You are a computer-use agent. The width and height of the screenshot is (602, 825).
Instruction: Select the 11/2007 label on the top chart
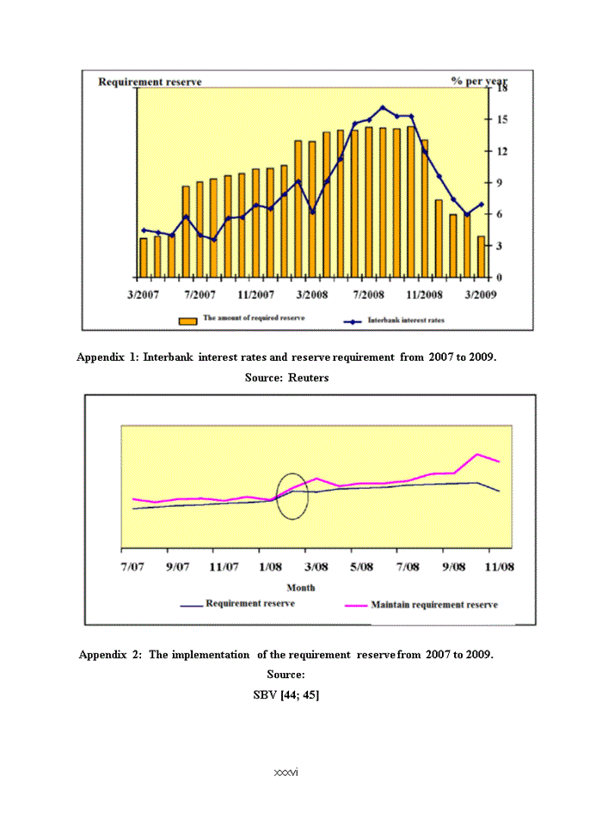[256, 295]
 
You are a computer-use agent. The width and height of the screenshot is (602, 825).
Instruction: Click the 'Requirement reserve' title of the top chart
[150, 82]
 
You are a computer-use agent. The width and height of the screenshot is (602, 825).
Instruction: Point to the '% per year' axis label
[479, 81]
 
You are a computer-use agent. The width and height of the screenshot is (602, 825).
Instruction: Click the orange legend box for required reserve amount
[188, 320]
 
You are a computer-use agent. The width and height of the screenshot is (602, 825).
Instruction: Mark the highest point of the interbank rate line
[383, 107]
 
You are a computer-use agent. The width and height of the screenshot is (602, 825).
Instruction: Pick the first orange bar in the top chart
[144, 257]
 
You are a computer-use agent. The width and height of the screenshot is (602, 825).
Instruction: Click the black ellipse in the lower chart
[293, 496]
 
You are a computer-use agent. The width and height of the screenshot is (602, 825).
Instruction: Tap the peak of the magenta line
[478, 454]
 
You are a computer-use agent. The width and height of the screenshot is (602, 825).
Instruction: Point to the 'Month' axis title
[300, 588]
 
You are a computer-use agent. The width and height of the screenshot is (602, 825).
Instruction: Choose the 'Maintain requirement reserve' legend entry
[433, 605]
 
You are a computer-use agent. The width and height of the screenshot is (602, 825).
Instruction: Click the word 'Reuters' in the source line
[308, 377]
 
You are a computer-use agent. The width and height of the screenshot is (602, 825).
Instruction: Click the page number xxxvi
[286, 773]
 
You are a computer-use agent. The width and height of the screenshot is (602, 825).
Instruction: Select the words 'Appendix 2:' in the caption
[110, 655]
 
